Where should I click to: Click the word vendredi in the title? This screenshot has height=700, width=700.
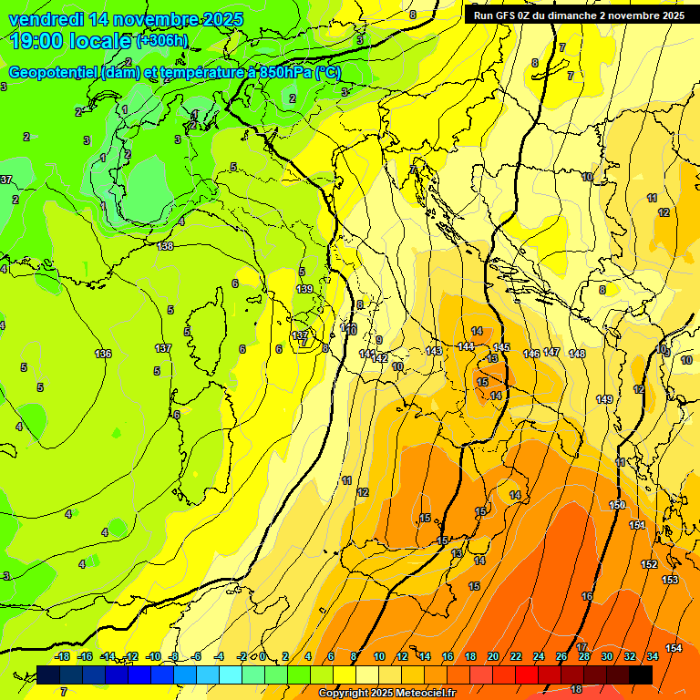46,19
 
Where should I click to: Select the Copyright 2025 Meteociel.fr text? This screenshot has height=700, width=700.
386,694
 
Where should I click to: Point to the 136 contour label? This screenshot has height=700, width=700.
103,354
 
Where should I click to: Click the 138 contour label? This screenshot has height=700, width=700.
165,246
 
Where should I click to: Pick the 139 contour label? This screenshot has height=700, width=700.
304,289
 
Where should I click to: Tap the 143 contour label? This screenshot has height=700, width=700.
434,351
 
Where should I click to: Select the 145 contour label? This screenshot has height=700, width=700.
501,347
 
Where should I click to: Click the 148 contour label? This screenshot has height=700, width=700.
577,354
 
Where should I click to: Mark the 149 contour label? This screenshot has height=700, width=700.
604,399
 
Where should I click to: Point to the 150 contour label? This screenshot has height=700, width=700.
617,505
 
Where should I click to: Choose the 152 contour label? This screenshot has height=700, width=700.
649,564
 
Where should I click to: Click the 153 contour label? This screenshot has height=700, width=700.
670,580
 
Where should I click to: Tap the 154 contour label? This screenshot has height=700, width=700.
673,648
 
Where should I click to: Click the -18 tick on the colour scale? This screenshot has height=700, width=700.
63,656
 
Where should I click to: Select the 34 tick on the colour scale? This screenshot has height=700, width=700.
653,656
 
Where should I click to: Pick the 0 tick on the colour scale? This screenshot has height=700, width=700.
262,656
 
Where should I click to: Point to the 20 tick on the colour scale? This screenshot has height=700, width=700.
493,656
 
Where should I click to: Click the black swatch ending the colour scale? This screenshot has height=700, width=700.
641,674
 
